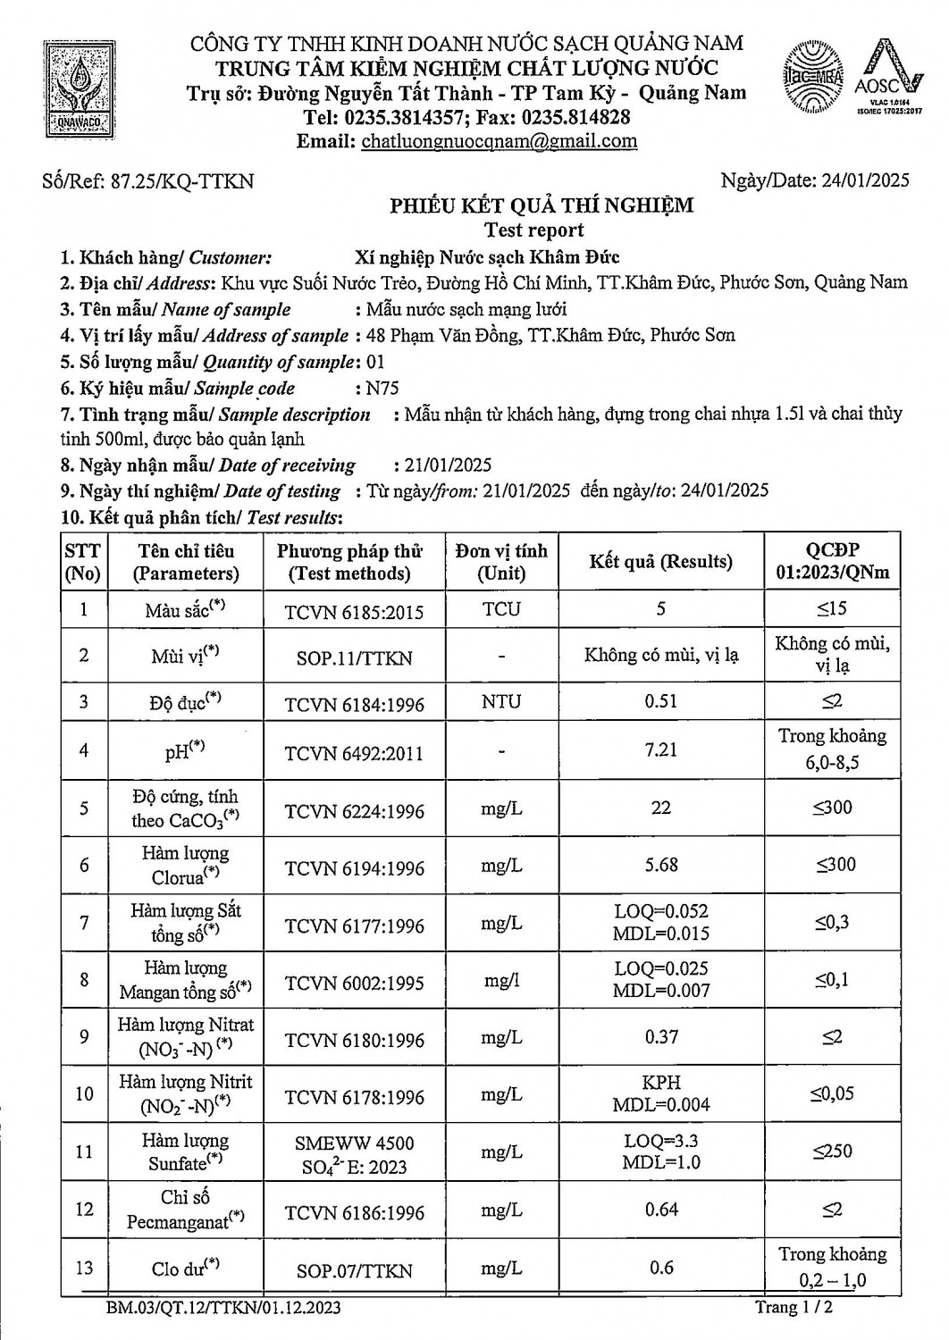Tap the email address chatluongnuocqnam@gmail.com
499,141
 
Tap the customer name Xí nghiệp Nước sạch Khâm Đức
487,258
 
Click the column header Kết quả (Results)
660,562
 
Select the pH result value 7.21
660,750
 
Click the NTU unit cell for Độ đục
501,701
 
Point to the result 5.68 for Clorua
660,865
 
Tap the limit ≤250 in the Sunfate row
833,1152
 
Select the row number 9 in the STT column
84,1037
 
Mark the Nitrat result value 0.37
660,1037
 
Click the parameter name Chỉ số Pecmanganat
186,1210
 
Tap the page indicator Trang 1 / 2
795,1308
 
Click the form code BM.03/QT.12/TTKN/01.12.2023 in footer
222,1309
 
